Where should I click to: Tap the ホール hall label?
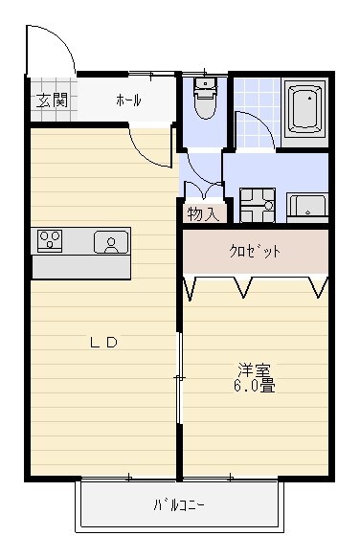[x=128, y=100]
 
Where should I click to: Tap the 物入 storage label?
[x=203, y=213]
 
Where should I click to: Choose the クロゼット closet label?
[x=256, y=252]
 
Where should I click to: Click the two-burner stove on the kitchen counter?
[x=50, y=240]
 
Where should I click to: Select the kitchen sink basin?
[x=111, y=243]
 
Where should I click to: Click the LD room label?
[x=103, y=343]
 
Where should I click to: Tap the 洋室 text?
[x=254, y=369]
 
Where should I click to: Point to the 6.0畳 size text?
[x=254, y=387]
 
